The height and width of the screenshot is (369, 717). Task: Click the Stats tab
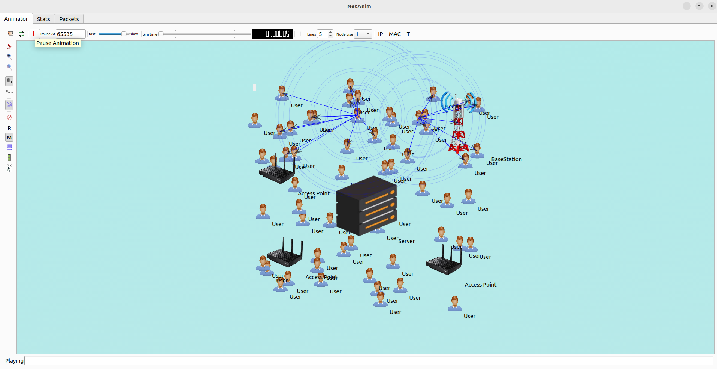click(x=43, y=19)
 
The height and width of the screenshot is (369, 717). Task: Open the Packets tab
click(x=69, y=19)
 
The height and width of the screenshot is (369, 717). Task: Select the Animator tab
click(x=16, y=19)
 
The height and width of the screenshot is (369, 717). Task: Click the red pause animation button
click(x=34, y=34)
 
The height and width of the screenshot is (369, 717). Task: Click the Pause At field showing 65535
click(x=70, y=34)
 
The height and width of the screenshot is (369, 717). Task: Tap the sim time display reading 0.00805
click(x=272, y=34)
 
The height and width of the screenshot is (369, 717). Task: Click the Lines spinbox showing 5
click(x=322, y=34)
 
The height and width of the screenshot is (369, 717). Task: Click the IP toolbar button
click(x=380, y=34)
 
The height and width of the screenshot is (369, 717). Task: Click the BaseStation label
click(x=506, y=159)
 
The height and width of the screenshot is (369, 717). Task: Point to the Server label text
click(x=406, y=241)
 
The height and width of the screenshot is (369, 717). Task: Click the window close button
click(x=712, y=6)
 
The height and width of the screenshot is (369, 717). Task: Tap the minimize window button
click(x=686, y=6)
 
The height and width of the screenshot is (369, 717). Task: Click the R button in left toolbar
click(x=9, y=128)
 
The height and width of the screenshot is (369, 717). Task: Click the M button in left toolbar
click(x=9, y=138)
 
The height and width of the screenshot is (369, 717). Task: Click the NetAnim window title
click(x=359, y=6)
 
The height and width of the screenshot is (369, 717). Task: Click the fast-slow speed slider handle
click(x=124, y=34)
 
